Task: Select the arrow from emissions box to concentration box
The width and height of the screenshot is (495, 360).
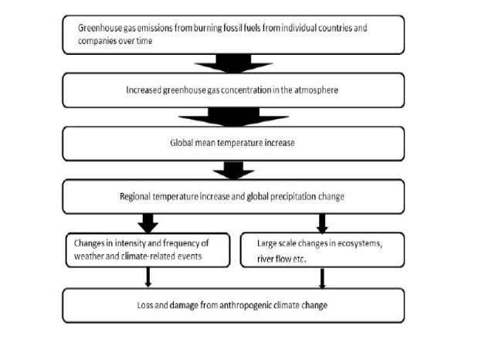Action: [x=233, y=63]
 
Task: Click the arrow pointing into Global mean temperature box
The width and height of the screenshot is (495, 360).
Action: [x=233, y=117]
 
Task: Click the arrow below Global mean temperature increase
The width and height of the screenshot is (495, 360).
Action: [x=233, y=171]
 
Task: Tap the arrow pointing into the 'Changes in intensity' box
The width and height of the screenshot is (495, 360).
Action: [x=147, y=223]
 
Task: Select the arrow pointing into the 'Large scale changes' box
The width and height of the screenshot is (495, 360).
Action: [x=322, y=223]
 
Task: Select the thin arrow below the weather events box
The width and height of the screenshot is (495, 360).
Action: [x=147, y=277]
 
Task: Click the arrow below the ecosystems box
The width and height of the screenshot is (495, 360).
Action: [x=322, y=278]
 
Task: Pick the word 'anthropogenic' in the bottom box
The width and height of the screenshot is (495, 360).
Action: [x=246, y=306]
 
